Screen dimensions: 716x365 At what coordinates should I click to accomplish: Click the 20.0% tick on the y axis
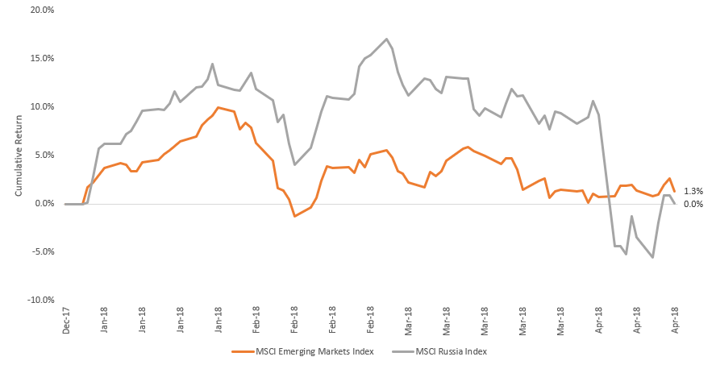(42, 10)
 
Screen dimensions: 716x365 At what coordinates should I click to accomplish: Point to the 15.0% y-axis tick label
(42, 58)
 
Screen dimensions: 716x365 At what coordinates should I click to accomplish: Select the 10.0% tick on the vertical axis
(42, 107)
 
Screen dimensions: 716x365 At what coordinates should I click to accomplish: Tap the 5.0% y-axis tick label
(44, 156)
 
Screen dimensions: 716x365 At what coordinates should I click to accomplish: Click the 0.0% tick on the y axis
(44, 204)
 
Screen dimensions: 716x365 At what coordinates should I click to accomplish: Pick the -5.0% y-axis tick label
(43, 252)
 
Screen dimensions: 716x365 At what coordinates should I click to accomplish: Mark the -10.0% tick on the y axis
(41, 301)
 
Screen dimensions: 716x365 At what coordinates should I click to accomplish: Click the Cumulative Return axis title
(19, 156)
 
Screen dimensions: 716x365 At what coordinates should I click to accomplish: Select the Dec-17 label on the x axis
(67, 321)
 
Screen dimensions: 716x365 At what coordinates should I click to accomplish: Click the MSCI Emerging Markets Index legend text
(315, 351)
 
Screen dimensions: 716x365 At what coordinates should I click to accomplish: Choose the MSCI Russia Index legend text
(452, 351)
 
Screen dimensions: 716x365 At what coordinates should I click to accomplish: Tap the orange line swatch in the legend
(244, 351)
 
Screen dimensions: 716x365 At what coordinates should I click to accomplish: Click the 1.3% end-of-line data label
(693, 191)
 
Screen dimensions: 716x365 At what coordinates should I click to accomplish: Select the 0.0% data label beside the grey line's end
(693, 204)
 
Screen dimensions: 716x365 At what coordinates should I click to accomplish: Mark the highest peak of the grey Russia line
(387, 39)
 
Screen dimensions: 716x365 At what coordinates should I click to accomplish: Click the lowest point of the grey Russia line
(653, 257)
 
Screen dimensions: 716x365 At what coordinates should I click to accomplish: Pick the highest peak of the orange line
(219, 108)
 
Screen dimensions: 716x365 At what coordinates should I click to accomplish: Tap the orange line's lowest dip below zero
(294, 216)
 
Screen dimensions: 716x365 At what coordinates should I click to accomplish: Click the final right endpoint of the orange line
(674, 192)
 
